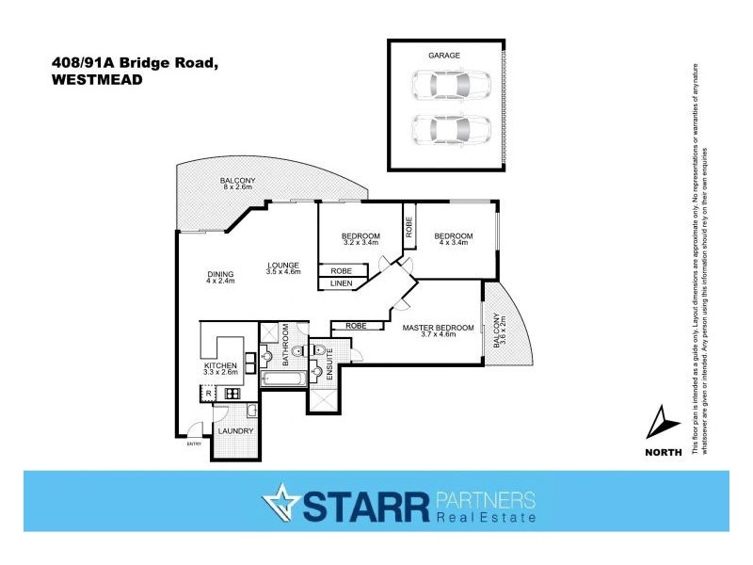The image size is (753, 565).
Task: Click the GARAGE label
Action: (x=445, y=56)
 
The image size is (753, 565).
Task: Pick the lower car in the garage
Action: (x=450, y=127)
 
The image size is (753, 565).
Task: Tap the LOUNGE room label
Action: (x=282, y=264)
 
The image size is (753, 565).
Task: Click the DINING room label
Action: (x=220, y=275)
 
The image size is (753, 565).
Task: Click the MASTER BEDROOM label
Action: (x=438, y=328)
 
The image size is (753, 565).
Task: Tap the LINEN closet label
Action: (x=341, y=282)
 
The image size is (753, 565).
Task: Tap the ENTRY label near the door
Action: (x=195, y=444)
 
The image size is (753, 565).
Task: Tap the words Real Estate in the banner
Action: (x=485, y=518)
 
